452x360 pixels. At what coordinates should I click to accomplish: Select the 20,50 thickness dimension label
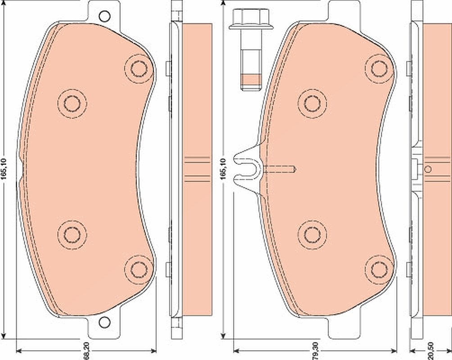click(431, 351)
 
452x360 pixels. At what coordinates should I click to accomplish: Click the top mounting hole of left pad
click(104, 16)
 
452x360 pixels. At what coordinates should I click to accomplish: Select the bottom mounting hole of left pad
click(104, 322)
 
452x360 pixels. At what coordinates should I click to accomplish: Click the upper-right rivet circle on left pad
click(139, 68)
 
